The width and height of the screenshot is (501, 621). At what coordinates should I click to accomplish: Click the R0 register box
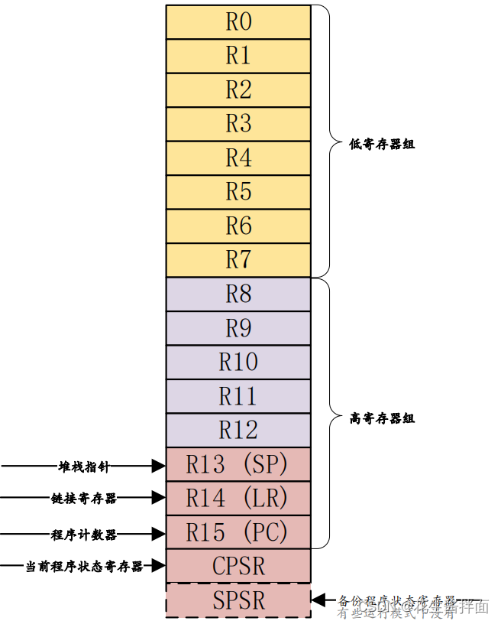click(x=238, y=22)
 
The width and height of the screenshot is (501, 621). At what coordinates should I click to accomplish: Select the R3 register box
click(x=238, y=124)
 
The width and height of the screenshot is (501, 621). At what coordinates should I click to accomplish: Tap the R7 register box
click(x=238, y=260)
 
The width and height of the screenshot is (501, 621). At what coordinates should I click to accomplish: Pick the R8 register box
click(x=238, y=294)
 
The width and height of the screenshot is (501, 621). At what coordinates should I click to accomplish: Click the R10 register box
click(x=238, y=363)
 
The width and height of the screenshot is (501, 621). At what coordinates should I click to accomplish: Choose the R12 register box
click(x=238, y=431)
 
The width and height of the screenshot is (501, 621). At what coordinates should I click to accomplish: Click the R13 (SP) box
click(x=238, y=464)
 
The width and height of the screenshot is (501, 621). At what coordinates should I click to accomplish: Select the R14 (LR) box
click(x=238, y=499)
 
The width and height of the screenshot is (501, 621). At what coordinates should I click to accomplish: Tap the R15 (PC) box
click(x=238, y=533)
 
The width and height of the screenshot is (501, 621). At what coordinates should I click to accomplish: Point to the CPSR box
click(x=238, y=567)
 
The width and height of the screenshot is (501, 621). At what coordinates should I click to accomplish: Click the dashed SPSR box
click(x=238, y=600)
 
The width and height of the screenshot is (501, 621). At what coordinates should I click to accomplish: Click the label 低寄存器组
click(x=382, y=144)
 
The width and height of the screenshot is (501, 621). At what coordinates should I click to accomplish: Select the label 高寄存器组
click(x=382, y=418)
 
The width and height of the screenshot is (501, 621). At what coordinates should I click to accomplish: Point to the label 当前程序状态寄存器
click(x=84, y=567)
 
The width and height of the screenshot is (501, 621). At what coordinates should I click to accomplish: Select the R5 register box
click(x=238, y=192)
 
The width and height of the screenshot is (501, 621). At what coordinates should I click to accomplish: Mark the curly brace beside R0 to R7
click(x=327, y=141)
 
